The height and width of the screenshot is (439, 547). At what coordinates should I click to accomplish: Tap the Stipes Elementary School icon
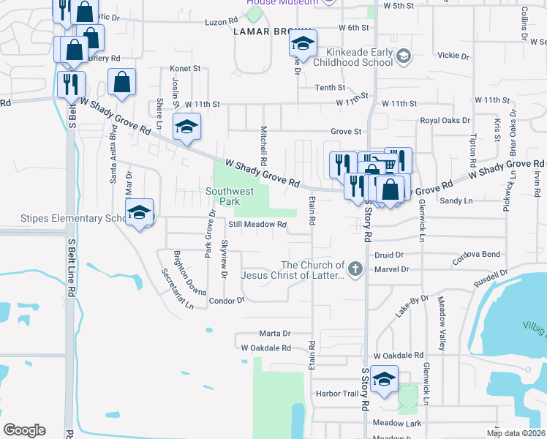pos(139,212)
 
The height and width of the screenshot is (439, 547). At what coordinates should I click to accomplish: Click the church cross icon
pos(355,269)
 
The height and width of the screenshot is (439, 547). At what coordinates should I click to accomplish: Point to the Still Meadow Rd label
pos(257,225)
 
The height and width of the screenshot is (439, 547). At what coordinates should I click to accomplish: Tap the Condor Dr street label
pos(226,301)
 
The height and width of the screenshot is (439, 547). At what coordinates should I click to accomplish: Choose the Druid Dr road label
pos(389,255)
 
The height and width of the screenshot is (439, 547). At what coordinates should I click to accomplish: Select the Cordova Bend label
pos(476,255)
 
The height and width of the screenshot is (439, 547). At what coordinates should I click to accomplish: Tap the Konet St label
pos(185,68)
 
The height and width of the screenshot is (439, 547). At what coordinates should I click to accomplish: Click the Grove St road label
pos(346,132)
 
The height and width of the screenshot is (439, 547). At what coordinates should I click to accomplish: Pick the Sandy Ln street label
pos(456,200)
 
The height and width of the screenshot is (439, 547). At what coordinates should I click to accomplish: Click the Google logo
pos(24,430)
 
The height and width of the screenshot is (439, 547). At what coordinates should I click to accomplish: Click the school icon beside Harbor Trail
pos(383,379)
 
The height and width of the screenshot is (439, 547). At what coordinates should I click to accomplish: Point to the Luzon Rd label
pos(217,23)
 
